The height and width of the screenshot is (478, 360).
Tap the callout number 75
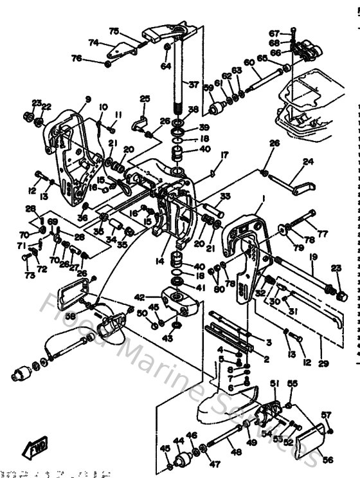114,31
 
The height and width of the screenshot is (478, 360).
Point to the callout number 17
225,154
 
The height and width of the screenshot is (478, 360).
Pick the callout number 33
225,196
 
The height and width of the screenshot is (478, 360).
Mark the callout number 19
313,257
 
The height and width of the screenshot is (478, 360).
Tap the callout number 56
328,459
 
